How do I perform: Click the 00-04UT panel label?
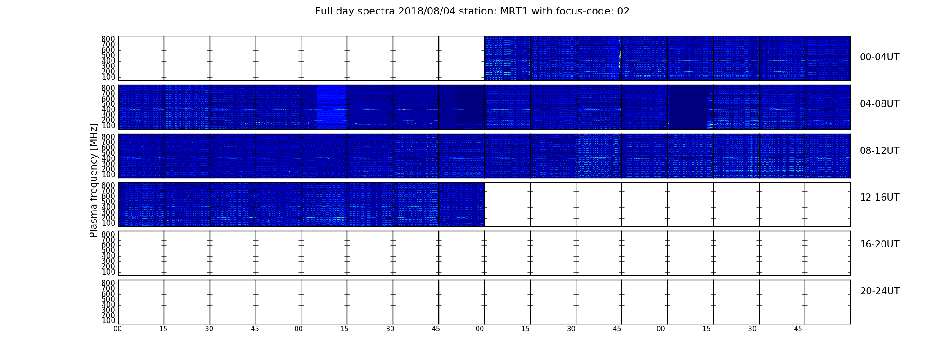coord(879,57)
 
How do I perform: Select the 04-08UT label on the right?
coord(879,104)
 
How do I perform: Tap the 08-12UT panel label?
coord(879,151)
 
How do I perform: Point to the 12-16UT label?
coord(879,198)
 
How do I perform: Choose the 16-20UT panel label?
coord(879,244)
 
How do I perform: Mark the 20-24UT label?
coord(880,291)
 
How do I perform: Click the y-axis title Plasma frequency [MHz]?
coord(94,180)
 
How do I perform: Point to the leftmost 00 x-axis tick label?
coord(117,329)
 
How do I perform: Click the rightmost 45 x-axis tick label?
coord(798,329)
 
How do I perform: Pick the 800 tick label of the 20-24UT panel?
coord(108,283)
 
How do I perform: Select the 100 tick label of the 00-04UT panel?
coord(108,77)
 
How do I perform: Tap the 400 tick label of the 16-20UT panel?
coord(108,256)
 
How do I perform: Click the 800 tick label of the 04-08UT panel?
coord(108,88)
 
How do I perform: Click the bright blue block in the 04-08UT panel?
coord(332,107)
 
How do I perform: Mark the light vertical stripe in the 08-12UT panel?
coord(751,156)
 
